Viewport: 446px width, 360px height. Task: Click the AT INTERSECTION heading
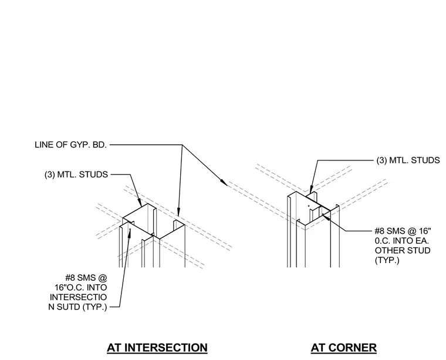click(157, 348)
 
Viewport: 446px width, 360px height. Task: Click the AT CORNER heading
click(344, 348)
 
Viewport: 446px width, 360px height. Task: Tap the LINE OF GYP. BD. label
click(71, 144)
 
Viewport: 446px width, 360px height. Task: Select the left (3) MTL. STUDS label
click(76, 174)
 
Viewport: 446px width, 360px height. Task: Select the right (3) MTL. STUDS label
click(408, 160)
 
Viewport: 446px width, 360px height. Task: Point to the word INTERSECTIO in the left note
click(78, 297)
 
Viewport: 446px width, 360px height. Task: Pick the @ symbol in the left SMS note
click(103, 277)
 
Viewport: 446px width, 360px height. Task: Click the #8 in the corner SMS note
click(380, 231)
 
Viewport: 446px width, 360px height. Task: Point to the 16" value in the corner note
click(425, 231)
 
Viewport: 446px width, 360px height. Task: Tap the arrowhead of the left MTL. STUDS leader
click(140, 203)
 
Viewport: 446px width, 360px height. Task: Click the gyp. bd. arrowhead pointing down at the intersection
click(178, 212)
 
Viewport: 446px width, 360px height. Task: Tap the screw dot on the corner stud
click(309, 206)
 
